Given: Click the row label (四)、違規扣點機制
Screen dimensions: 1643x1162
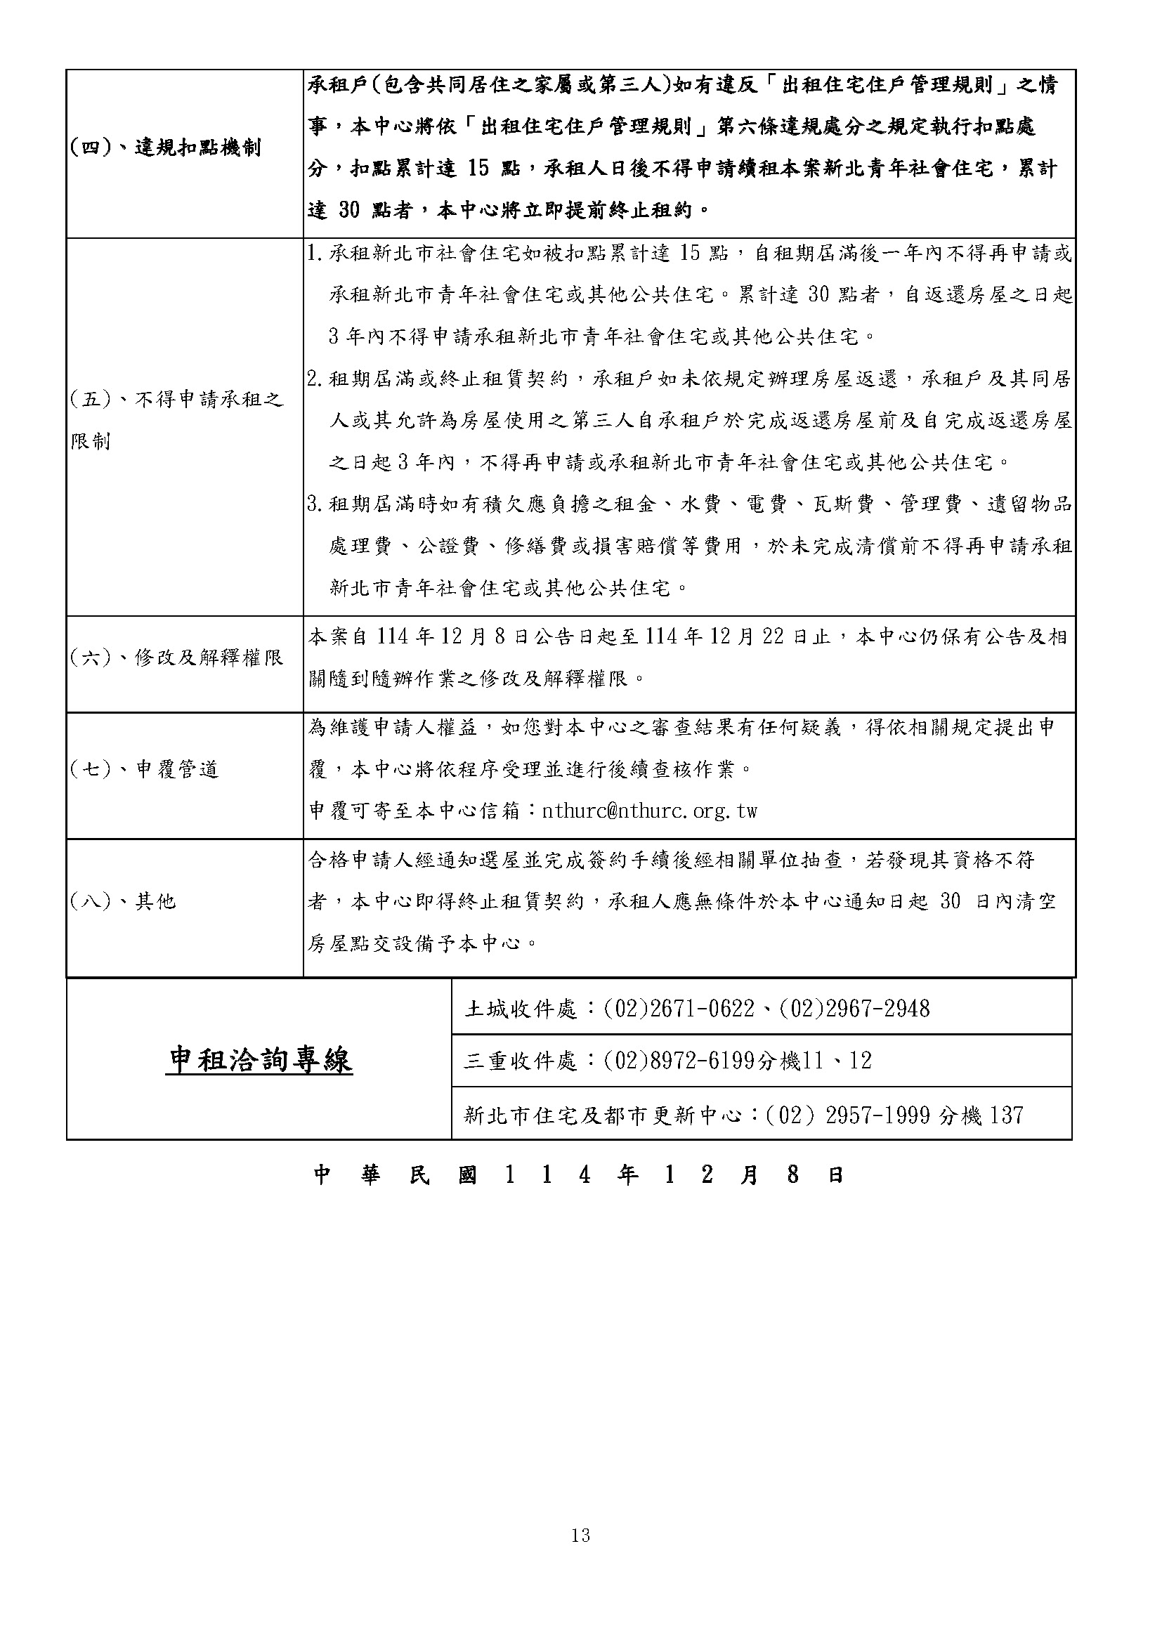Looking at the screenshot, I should [x=165, y=148].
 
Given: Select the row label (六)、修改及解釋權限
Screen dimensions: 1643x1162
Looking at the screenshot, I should [x=177, y=657].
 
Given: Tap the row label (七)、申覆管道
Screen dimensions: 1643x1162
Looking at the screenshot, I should [x=144, y=769].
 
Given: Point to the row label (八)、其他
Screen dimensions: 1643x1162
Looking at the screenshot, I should [x=122, y=901].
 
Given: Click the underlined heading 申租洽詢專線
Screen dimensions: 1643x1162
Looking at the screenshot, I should [x=259, y=1060].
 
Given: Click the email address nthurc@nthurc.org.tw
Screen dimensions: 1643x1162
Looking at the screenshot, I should [x=650, y=811].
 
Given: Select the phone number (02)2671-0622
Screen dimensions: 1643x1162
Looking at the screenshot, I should [x=679, y=1009].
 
